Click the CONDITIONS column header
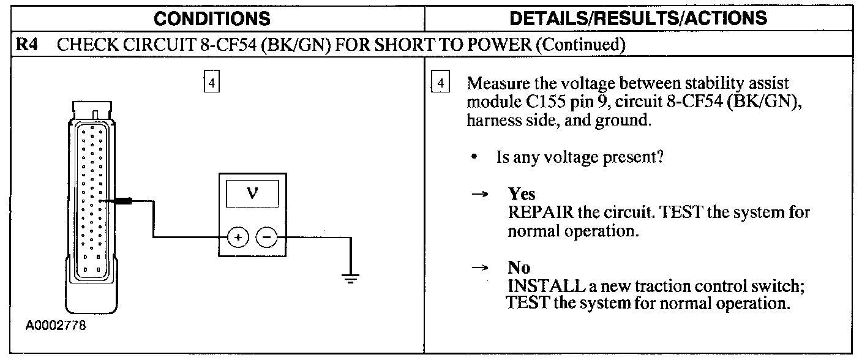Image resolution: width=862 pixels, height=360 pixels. click(x=212, y=18)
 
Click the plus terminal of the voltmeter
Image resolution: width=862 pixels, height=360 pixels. click(x=238, y=237)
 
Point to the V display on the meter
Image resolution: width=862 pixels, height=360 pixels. click(x=252, y=195)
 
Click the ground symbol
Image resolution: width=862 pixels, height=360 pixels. click(x=350, y=279)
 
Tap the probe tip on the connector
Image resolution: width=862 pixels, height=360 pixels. click(x=121, y=200)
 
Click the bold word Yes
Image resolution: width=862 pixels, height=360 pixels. click(x=522, y=195)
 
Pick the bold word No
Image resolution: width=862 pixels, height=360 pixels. click(x=519, y=268)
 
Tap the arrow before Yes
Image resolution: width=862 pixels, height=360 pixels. click(x=481, y=195)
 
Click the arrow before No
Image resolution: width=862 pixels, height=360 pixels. click(x=481, y=268)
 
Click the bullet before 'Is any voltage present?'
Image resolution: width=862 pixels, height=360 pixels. click(x=474, y=158)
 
